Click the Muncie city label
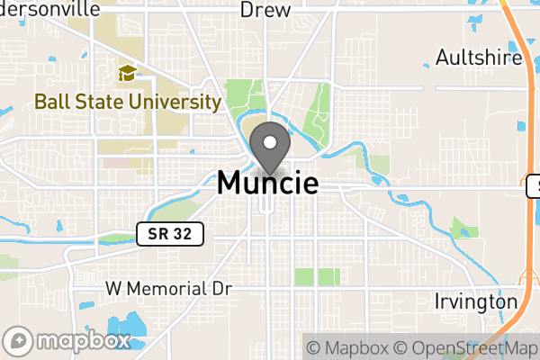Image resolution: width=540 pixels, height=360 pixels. pyautogui.click(x=267, y=183)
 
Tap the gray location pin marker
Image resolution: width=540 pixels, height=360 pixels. pyautogui.click(x=268, y=148)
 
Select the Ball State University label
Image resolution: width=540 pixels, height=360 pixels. pyautogui.click(x=128, y=101)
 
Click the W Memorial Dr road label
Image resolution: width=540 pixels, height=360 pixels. pyautogui.click(x=169, y=289)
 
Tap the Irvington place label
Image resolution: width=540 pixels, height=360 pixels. pyautogui.click(x=476, y=301)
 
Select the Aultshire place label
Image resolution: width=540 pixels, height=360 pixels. pyautogui.click(x=479, y=58)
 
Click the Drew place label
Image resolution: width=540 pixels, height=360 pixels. pyautogui.click(x=265, y=10)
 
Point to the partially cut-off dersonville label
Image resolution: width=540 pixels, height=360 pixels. pyautogui.click(x=50, y=8)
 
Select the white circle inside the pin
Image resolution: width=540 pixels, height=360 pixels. pyautogui.click(x=268, y=142)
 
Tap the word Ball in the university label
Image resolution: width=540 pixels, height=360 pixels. pyautogui.click(x=52, y=101)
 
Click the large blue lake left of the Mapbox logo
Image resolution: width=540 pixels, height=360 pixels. pyautogui.click(x=126, y=329)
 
